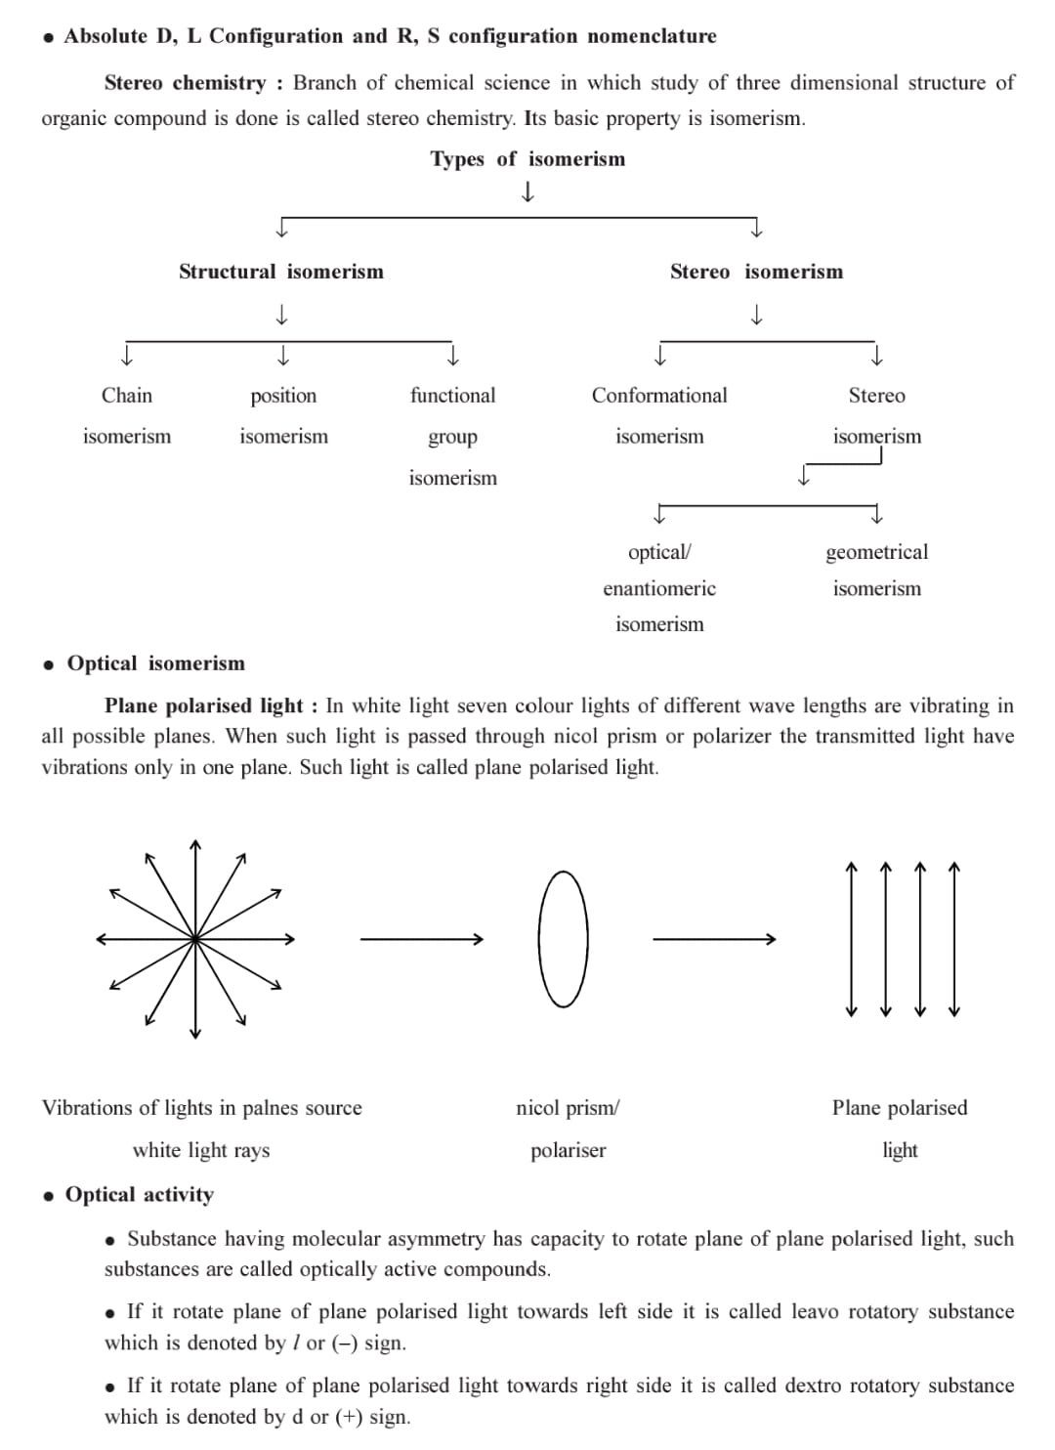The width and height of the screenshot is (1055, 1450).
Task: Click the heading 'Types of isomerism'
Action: pos(527,159)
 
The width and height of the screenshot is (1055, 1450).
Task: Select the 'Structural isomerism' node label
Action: pos(281,272)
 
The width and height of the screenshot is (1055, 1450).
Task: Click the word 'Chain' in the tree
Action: pos(127,396)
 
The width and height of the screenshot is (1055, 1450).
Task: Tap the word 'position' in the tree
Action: pos(283,396)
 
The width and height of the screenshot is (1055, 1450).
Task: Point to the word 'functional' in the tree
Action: pos(452,396)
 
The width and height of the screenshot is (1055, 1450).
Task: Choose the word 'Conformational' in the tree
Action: pos(659,396)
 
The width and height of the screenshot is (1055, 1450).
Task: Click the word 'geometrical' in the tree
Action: pos(876,552)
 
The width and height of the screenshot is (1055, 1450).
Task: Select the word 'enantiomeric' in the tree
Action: pos(659,588)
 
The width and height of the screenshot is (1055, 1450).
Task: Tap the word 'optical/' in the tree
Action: pos(659,552)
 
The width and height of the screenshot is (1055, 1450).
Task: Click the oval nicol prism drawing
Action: pos(564,939)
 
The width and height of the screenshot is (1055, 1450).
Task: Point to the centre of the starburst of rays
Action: pos(195,939)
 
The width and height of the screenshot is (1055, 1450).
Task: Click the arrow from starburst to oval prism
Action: pos(421,939)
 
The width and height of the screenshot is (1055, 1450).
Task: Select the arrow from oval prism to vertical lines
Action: pos(713,939)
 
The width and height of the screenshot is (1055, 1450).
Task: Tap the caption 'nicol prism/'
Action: pos(568,1108)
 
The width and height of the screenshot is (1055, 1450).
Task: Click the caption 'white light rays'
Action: pos(201,1150)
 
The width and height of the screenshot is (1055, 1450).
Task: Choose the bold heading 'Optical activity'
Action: pos(139,1195)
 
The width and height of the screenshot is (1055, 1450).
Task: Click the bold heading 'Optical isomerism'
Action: pos(155,663)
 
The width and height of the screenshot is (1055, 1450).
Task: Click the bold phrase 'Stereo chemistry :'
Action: pos(193,83)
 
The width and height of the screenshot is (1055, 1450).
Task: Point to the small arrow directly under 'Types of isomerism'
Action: pos(527,192)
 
